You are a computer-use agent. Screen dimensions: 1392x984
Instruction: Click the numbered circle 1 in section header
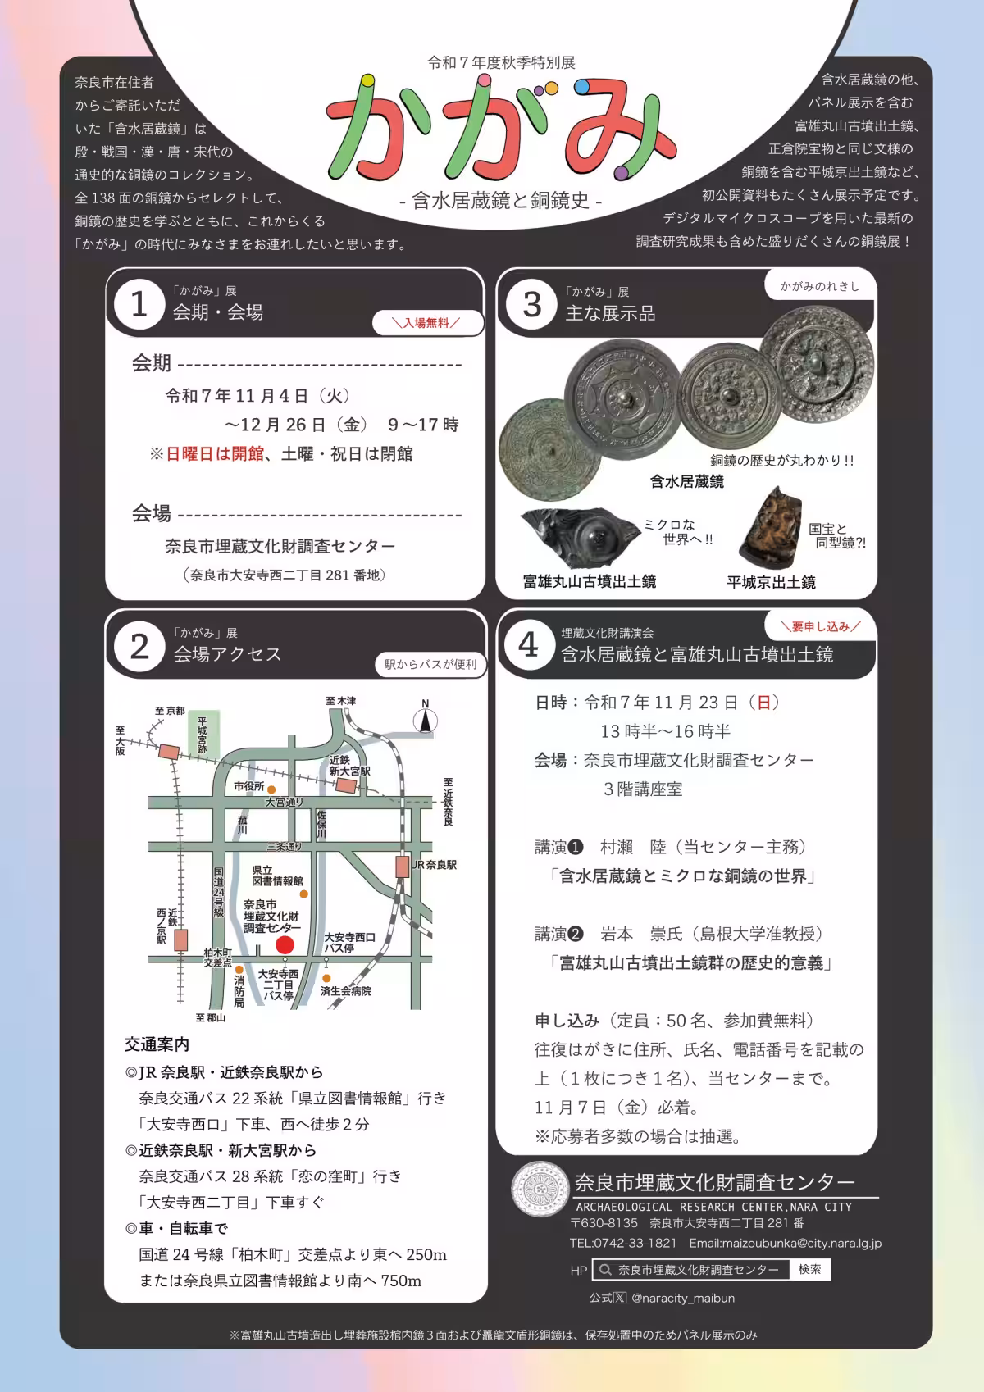139,305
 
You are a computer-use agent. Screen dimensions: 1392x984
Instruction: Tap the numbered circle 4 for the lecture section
529,645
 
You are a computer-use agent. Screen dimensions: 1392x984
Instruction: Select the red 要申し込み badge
820,626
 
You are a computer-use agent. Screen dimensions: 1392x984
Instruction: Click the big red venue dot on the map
285,944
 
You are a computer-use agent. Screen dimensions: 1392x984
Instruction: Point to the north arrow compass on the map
425,719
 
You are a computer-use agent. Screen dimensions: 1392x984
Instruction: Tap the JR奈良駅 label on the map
435,865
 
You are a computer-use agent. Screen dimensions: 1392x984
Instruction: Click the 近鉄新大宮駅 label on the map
349,766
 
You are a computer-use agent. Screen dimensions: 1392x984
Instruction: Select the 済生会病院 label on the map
346,991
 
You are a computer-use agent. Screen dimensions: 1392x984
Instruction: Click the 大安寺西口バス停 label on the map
349,942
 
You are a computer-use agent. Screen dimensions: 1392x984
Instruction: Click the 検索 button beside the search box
809,1269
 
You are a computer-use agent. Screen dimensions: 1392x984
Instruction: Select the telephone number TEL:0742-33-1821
623,1243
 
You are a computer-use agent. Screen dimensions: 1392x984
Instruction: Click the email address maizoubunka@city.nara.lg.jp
785,1243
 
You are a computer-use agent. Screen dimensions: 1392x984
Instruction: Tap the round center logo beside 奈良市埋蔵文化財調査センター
540,1190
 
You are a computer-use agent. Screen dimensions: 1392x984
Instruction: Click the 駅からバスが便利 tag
430,664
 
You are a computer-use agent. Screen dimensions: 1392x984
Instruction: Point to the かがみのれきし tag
820,286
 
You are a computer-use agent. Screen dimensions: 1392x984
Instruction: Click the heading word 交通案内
157,1044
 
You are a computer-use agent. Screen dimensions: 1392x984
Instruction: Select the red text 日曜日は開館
215,453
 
